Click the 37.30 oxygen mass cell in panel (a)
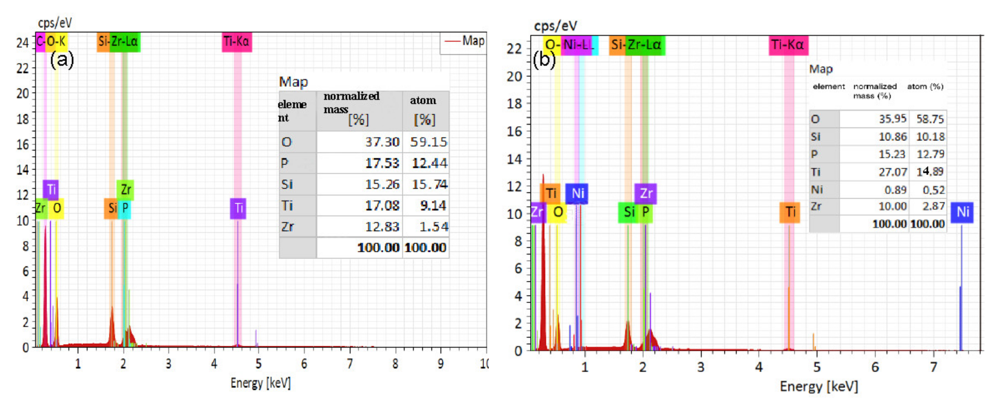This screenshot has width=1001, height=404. [382, 142]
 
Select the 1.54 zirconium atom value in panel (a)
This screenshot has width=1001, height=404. [433, 227]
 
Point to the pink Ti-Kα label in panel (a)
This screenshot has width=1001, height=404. [237, 41]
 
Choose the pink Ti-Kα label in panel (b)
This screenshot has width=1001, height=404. [788, 45]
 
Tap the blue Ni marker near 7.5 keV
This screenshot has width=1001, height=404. [962, 212]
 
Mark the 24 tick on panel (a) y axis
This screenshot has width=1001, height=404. [23, 43]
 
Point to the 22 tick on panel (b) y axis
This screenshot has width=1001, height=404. [514, 49]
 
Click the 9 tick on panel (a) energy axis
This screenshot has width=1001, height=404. [441, 363]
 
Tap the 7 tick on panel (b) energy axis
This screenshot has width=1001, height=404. [933, 367]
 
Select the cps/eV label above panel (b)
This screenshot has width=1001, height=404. [555, 26]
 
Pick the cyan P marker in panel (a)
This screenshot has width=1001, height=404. [125, 208]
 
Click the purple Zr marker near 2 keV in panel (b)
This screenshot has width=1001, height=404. [645, 193]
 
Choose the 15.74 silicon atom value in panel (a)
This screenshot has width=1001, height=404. [429, 184]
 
